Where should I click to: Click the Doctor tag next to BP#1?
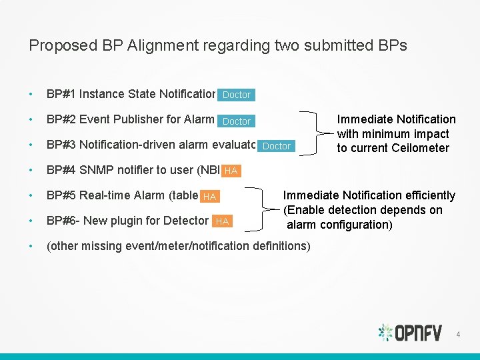[236, 95]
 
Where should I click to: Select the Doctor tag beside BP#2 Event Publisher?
[236, 121]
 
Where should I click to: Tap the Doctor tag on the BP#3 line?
[277, 146]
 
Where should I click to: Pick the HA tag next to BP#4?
[231, 171]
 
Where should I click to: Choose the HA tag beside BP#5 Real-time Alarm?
[209, 197]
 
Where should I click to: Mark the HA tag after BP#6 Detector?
[222, 221]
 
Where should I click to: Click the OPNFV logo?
[409, 332]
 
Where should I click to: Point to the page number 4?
[458, 333]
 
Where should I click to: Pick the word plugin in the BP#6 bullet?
[125, 221]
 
